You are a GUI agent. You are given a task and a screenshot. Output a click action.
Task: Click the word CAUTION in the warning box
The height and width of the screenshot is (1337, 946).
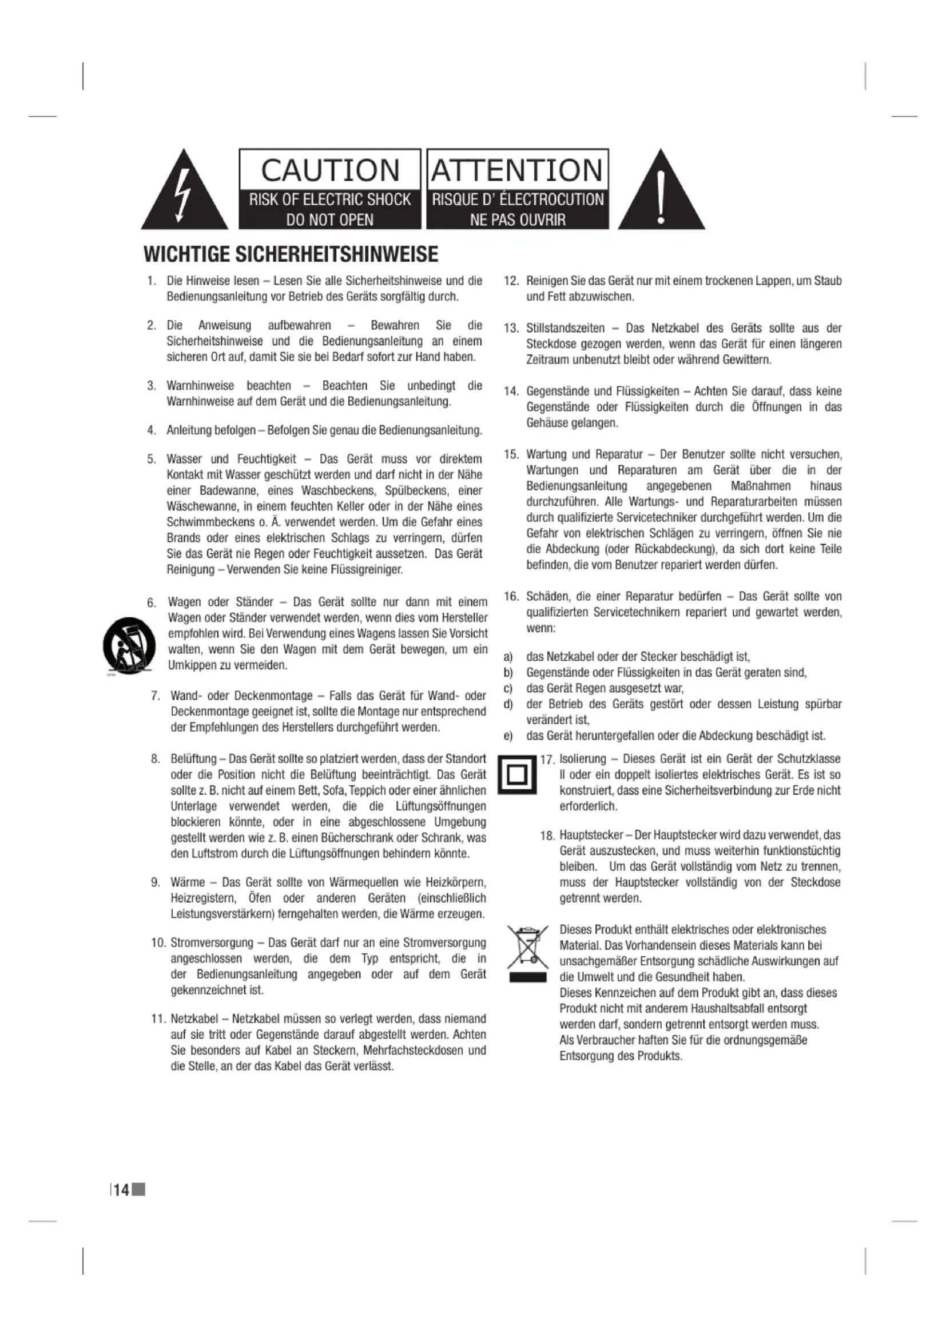pos(330,170)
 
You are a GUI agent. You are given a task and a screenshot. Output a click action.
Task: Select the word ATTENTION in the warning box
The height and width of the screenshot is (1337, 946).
pos(517,170)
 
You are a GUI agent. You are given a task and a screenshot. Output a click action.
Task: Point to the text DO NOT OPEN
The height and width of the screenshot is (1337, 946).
pos(329,219)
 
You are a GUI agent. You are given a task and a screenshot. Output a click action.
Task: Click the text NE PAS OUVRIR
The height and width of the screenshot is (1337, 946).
pos(517,219)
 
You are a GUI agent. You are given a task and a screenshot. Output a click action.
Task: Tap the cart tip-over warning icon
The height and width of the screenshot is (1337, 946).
pos(129,645)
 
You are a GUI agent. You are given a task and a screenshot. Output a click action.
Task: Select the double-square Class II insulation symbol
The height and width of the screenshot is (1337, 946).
pos(516,775)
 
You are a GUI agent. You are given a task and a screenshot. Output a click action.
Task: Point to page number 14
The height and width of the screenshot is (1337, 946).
pos(121,1190)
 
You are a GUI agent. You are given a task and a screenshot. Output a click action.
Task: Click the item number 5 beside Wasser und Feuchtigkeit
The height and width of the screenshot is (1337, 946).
pos(152,460)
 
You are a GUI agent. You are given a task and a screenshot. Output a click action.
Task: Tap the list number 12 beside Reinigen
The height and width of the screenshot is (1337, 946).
pos(511,281)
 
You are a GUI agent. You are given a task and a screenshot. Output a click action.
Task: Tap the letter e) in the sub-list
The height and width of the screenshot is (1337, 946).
pos(508,736)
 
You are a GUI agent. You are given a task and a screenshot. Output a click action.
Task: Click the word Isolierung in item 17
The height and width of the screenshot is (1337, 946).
pos(583,759)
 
